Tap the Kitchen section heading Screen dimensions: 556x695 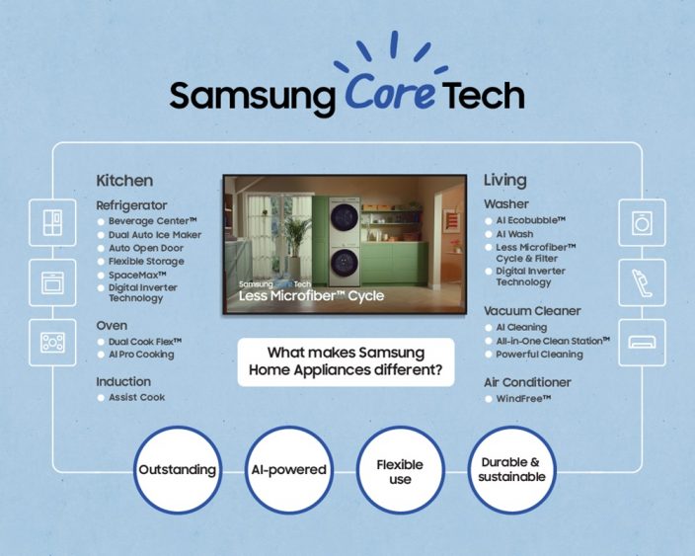(124, 181)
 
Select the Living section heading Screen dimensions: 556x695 (505, 181)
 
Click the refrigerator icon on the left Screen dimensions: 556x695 (52, 223)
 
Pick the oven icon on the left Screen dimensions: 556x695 (52, 282)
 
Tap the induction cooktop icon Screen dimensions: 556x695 (52, 342)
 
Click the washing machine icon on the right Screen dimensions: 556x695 (642, 223)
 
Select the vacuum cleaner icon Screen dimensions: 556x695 (642, 282)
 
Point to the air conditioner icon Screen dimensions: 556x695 (642, 342)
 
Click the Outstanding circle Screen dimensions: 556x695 (178, 469)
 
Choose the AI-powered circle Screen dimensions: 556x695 (287, 469)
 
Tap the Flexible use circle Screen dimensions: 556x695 (400, 469)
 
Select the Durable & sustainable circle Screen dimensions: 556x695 (511, 469)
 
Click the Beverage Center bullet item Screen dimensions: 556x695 (153, 221)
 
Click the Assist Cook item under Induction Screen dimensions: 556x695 (136, 397)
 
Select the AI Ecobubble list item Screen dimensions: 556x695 (530, 220)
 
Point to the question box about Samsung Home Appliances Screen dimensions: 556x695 (346, 362)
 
